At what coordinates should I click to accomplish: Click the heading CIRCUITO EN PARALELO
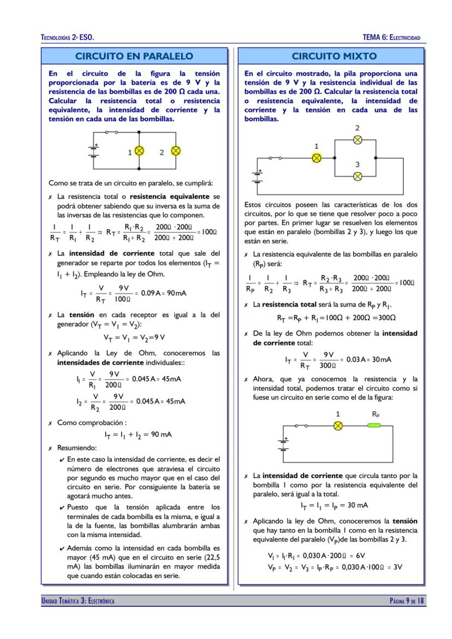(134, 56)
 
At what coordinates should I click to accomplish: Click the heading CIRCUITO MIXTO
(334, 56)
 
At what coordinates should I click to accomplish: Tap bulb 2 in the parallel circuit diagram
(176, 152)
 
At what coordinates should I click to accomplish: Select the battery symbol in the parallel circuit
(94, 150)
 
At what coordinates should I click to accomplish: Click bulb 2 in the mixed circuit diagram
(357, 140)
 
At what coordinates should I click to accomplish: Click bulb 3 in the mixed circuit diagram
(357, 176)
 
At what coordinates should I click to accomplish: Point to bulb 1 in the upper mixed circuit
(316, 158)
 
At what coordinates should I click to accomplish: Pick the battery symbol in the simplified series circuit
(283, 443)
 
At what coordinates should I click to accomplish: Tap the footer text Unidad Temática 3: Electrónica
(78, 601)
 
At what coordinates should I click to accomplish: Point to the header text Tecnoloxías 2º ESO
(68, 38)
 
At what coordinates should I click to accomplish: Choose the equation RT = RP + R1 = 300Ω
(336, 318)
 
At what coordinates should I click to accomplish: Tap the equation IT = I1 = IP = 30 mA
(334, 505)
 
